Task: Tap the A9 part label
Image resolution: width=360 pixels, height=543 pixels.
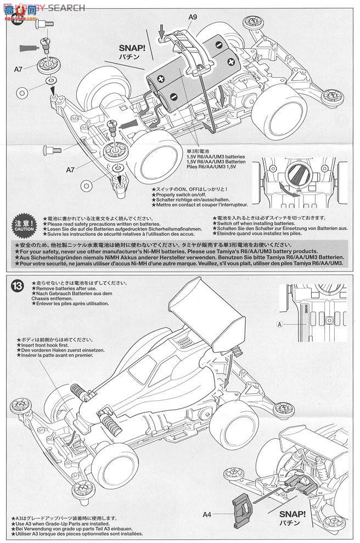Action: (192, 18)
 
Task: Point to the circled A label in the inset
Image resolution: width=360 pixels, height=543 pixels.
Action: (280, 324)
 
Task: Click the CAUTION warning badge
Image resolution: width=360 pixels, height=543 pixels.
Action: (24, 224)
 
